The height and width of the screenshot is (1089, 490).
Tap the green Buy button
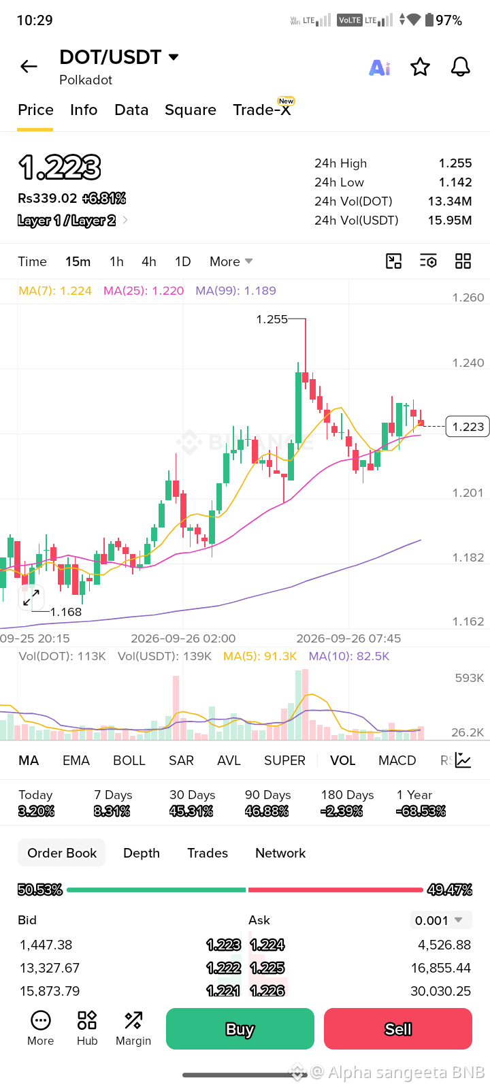240,1028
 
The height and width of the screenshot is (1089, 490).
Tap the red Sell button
398,1028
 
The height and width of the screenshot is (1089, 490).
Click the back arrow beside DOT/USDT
29,66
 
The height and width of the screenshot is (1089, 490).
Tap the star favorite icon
420,67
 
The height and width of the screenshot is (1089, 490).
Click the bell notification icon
460,67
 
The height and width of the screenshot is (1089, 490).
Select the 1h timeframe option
116,261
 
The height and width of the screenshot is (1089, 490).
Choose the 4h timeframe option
149,261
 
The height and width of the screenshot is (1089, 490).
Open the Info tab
84,110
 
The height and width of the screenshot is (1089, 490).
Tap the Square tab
191,110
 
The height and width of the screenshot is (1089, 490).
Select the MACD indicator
397,760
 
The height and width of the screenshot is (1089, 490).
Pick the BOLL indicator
129,760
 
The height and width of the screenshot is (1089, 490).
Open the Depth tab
142,853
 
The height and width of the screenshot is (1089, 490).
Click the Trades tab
208,853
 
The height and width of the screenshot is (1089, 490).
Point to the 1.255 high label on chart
272,319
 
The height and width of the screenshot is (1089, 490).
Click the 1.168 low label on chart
66,612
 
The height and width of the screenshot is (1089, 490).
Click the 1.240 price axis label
468,363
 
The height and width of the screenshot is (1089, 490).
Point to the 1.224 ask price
267,945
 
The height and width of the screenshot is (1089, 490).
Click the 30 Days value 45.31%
191,811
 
